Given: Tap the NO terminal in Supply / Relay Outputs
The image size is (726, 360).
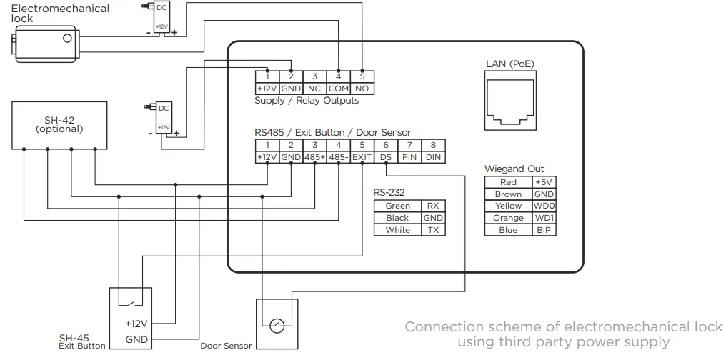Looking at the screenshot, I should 362,88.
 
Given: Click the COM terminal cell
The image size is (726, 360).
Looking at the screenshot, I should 338,88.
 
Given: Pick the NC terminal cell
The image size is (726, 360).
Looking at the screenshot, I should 314,88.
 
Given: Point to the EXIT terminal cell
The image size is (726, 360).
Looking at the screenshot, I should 362,157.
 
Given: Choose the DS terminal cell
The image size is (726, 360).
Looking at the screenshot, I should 386,157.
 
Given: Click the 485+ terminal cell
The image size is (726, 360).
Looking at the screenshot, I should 314,157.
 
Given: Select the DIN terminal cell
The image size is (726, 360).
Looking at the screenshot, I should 433,157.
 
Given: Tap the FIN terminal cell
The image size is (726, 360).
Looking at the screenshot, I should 409,157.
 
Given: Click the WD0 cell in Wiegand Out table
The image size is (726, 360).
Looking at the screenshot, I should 544,206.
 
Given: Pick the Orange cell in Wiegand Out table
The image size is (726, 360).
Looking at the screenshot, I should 508,218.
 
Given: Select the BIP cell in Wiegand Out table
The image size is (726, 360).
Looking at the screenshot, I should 544,230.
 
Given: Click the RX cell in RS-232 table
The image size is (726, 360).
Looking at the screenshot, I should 433,206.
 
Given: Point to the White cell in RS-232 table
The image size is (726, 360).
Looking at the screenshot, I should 397,230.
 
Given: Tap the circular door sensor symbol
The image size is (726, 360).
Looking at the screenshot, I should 277,325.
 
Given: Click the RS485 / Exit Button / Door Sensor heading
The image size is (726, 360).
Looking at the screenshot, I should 332,133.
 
